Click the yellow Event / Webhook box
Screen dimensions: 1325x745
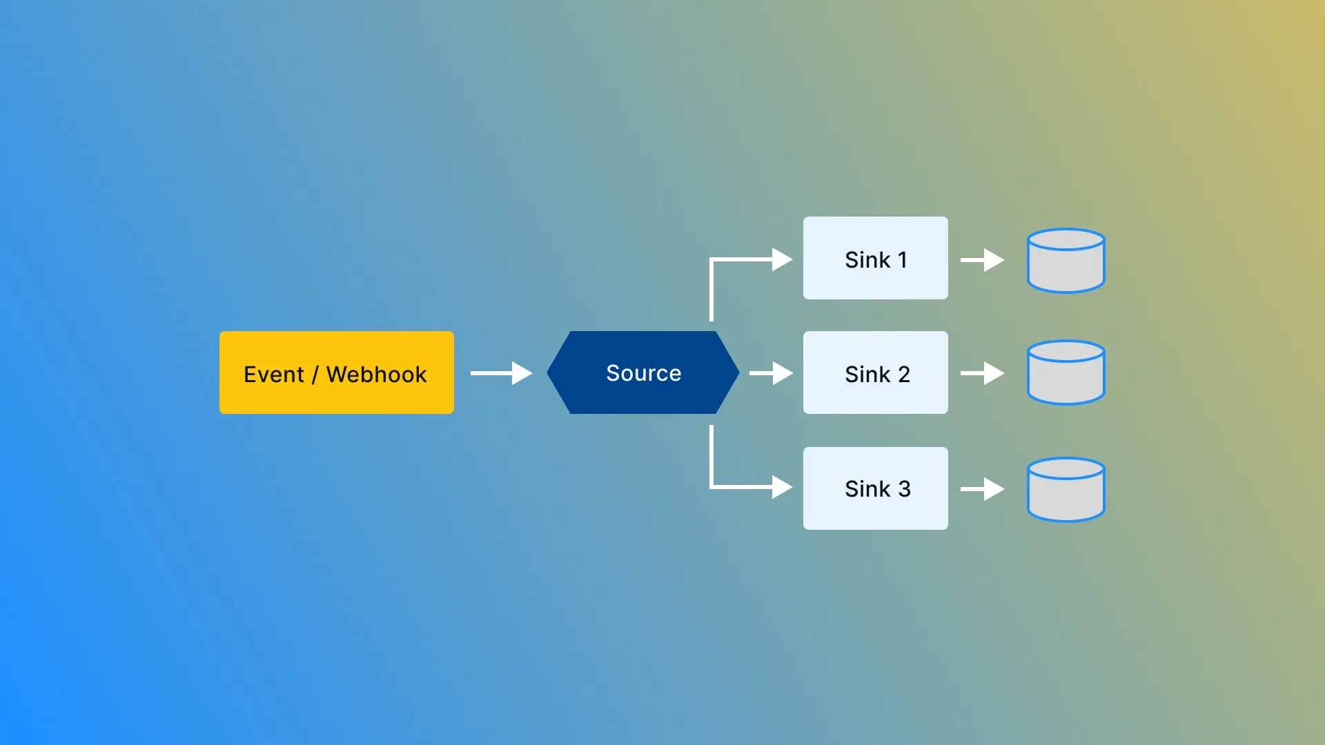coord(337,372)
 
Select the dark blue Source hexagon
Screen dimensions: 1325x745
coord(643,372)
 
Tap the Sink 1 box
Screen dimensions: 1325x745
coord(876,258)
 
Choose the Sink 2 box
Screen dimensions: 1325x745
coord(876,372)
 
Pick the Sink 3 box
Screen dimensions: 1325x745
coord(876,488)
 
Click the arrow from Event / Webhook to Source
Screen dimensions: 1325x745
coord(502,373)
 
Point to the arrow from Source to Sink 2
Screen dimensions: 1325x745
coord(772,373)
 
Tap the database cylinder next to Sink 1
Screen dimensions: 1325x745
coord(1066,261)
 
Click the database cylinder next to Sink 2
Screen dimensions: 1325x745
coord(1066,372)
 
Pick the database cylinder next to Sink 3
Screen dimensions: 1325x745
coord(1066,490)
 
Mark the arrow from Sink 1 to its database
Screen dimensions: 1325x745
coord(983,260)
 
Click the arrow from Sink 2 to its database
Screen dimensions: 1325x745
coord(983,373)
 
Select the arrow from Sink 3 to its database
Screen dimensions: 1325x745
coord(983,489)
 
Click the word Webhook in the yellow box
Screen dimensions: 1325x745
coord(376,374)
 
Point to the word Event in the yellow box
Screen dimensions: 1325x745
coord(274,374)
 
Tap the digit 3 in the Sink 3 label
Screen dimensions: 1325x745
coord(904,489)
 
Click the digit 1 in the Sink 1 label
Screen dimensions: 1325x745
coord(902,260)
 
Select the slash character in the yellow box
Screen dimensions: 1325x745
coord(315,375)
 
